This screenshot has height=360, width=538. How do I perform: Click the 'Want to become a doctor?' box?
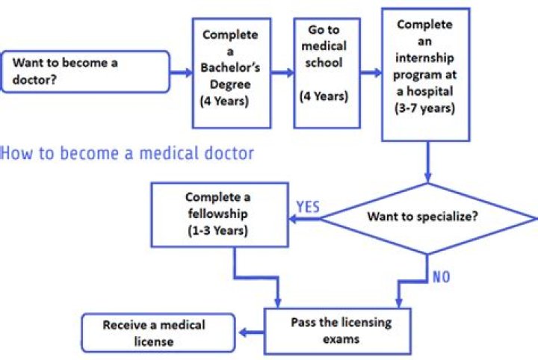click(85, 72)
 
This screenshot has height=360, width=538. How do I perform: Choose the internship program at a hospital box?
click(425, 75)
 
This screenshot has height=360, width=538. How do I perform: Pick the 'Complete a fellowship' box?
click(220, 214)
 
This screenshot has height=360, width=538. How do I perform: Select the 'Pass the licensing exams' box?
click(339, 329)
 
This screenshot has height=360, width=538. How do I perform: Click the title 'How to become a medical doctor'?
click(127, 155)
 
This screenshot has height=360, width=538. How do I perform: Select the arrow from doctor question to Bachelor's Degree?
click(181, 73)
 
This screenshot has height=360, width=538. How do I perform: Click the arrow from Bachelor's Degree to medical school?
click(282, 73)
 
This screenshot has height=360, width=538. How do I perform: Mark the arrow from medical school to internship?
click(371, 73)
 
